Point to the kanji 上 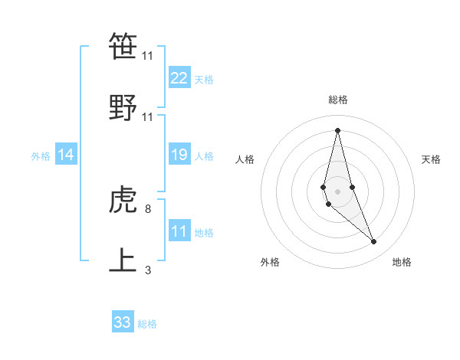point(123,260)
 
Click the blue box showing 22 point(179,78)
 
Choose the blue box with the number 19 point(179,155)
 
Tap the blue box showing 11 point(179,231)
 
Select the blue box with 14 point(66,155)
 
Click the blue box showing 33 point(123,322)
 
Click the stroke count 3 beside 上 point(148,270)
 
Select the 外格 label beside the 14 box point(41,156)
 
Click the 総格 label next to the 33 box point(147,324)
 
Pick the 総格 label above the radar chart point(338,100)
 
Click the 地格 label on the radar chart point(402,262)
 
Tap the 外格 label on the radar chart point(270,262)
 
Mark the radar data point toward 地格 point(374,242)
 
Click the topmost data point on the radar point(337,129)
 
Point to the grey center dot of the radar point(337,191)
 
